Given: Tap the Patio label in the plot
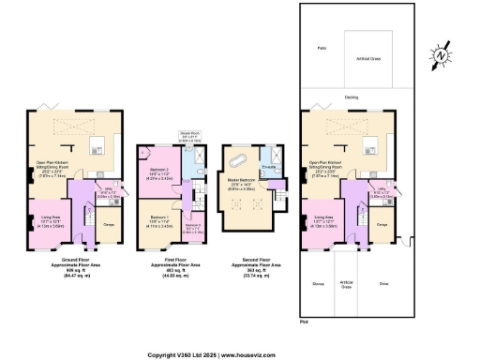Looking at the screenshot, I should click(321, 46).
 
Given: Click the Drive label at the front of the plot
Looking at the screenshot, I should click(384, 282).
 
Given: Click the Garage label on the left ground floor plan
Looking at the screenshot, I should click(108, 224).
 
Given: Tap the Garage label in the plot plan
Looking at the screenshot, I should click(382, 224).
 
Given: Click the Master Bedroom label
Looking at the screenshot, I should click(242, 180).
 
